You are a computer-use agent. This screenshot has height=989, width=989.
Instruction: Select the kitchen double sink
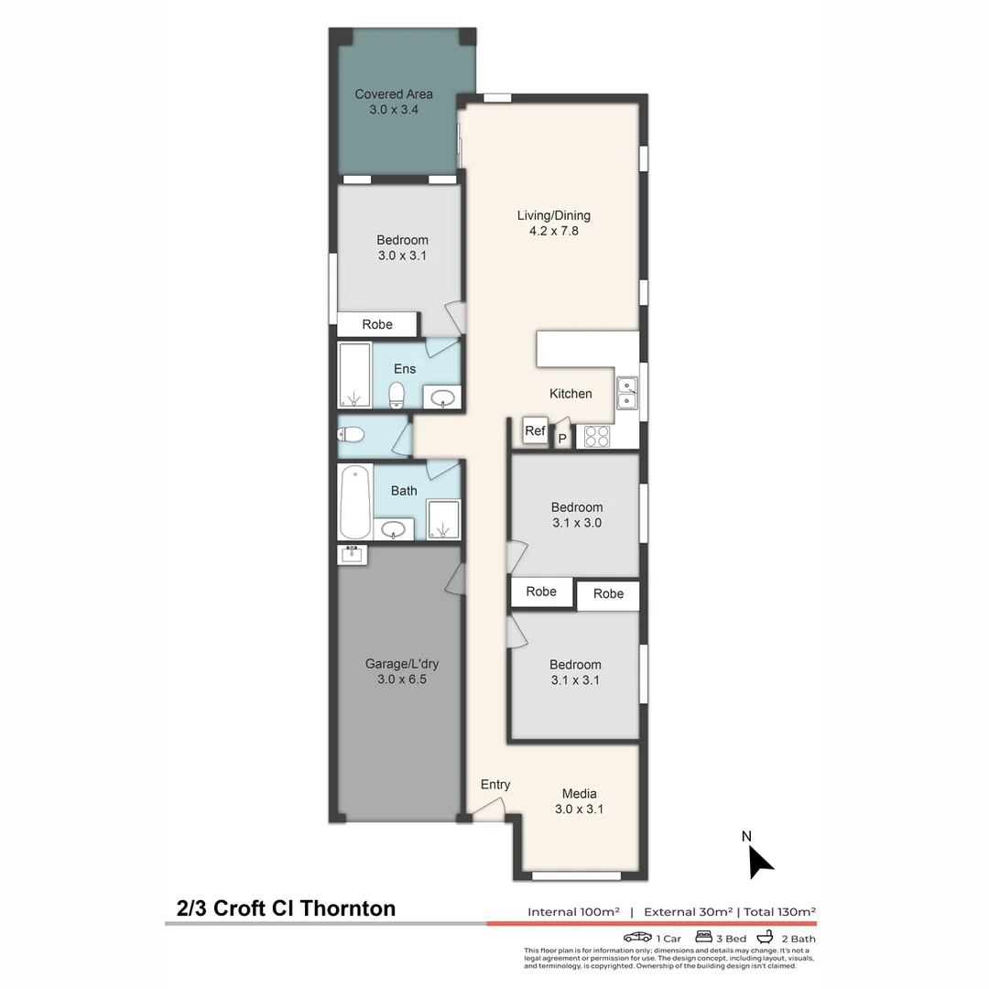click(627, 393)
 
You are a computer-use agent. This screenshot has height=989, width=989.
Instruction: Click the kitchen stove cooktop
click(597, 437)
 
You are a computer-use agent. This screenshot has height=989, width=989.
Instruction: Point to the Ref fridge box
click(535, 430)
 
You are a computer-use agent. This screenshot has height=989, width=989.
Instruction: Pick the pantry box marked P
click(562, 439)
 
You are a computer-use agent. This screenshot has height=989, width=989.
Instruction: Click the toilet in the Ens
click(397, 395)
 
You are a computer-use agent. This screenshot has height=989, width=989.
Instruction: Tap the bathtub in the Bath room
click(354, 503)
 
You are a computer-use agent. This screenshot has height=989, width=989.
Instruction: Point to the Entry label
click(495, 785)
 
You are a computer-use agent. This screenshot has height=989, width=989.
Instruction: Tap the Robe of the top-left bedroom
click(377, 324)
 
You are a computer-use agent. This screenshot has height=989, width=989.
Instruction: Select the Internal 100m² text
click(573, 912)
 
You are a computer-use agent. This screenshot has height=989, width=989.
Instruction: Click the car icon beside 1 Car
click(637, 938)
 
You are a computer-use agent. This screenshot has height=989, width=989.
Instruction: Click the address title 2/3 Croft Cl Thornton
click(286, 908)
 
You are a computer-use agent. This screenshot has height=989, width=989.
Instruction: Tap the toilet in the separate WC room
click(353, 434)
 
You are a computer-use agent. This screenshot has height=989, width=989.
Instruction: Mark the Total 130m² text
click(779, 912)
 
